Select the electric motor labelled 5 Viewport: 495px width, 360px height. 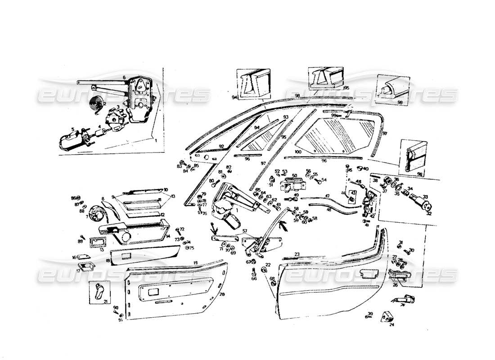(x=72, y=140)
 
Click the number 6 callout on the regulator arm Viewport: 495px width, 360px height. (x=124, y=77)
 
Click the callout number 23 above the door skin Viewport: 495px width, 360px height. (x=297, y=254)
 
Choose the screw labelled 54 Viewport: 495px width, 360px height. (x=319, y=181)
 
